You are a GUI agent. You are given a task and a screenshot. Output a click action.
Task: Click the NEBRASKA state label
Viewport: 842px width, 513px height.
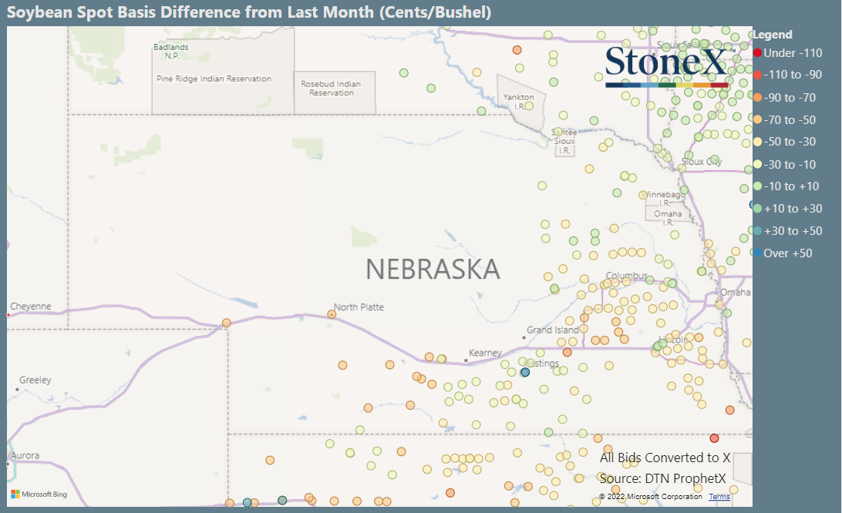[433, 269]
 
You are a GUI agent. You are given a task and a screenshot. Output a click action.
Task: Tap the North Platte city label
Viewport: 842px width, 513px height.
[359, 307]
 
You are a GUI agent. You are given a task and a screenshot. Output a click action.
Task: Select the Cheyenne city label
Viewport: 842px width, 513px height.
[31, 307]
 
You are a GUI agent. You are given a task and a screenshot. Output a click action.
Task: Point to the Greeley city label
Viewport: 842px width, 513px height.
[35, 380]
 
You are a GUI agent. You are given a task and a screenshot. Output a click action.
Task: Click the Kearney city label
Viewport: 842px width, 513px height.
[486, 353]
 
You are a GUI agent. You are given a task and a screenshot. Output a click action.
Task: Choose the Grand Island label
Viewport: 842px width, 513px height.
[553, 330]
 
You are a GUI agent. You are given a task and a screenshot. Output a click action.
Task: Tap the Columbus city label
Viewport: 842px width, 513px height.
[626, 276]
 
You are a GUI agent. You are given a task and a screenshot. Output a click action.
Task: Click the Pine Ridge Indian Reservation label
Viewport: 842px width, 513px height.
[214, 79]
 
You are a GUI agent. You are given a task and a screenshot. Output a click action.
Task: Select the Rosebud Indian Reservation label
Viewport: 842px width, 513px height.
[331, 88]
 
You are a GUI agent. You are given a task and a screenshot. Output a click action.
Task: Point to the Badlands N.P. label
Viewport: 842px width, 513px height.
[171, 51]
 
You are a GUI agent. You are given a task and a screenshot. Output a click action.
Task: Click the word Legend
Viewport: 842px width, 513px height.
[773, 35]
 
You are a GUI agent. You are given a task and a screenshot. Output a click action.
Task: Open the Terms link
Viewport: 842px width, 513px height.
[719, 497]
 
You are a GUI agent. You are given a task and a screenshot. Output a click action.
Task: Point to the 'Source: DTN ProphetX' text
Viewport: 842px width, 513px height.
[663, 478]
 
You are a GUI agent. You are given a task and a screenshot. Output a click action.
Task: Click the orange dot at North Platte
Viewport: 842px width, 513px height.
[332, 314]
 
